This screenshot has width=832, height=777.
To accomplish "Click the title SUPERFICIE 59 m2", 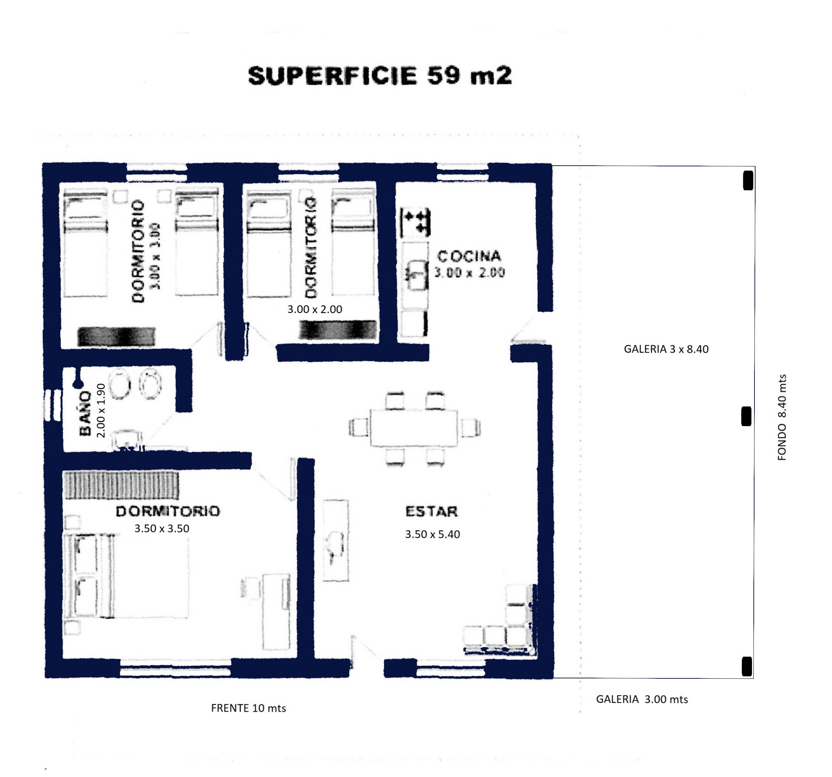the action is tap(380, 76).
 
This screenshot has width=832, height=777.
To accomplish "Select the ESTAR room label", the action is tap(431, 511).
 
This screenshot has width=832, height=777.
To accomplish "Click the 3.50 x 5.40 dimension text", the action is tap(432, 534).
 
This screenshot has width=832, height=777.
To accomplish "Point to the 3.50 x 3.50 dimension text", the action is tap(162, 528).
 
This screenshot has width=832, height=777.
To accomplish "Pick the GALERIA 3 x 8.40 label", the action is tap(666, 349).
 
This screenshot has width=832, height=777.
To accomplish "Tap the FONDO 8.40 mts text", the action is tap(782, 417).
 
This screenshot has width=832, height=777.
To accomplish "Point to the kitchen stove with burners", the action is tap(415, 221).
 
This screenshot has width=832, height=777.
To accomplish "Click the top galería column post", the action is tap(748, 180).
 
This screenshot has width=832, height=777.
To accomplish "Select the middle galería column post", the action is tap(746, 416).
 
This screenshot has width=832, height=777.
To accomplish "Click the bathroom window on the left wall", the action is tap(53, 405).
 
